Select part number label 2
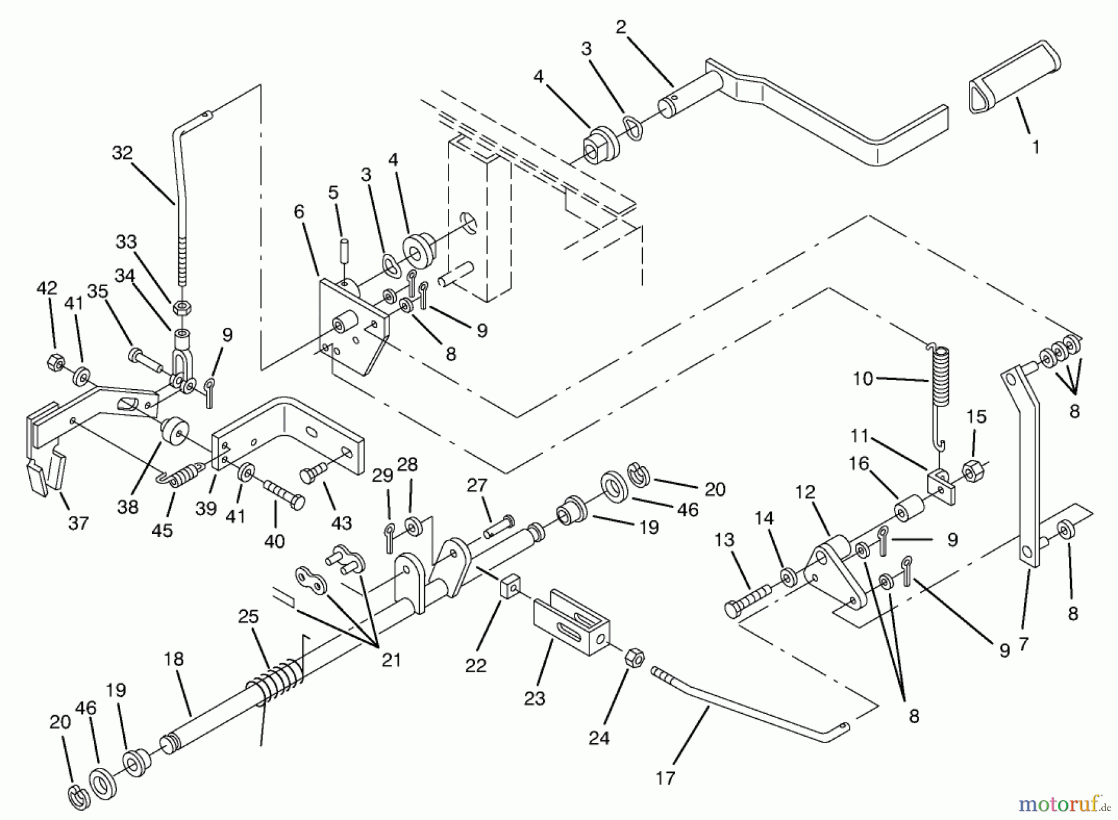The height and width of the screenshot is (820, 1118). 621,27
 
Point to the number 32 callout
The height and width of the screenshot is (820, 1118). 122,153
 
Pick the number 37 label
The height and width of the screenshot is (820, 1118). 78,523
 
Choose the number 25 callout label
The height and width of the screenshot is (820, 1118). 248,617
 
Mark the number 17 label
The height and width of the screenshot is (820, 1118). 665,778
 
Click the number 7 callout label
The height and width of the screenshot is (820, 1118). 1024,644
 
